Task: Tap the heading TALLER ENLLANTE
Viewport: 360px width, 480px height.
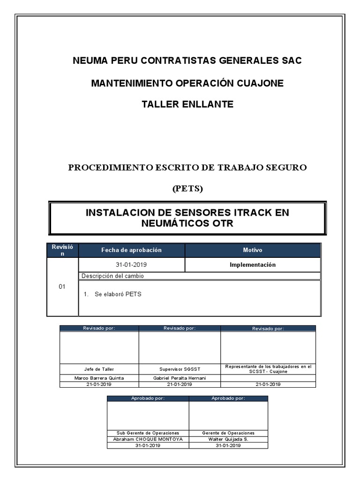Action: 187,104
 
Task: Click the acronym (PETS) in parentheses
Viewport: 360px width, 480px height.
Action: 187,189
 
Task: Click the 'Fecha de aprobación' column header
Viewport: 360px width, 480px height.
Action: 131,250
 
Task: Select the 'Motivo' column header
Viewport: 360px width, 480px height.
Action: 253,250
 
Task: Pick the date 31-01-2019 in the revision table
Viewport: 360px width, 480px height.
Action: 131,265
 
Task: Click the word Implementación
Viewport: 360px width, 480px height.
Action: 253,265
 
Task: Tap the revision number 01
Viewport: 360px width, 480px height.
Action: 62,286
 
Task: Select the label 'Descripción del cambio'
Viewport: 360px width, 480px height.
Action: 112,276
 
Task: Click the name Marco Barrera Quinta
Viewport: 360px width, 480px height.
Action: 99,378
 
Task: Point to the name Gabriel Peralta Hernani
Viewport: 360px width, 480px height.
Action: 180,378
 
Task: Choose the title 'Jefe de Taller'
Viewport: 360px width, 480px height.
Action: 99,369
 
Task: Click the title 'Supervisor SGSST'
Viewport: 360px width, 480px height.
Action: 180,369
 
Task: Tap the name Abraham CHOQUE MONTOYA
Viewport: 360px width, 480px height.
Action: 148,439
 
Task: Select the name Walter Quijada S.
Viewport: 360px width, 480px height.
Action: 228,439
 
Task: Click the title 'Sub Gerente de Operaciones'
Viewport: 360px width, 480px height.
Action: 148,433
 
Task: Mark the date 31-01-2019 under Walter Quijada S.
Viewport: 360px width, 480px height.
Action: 228,446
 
